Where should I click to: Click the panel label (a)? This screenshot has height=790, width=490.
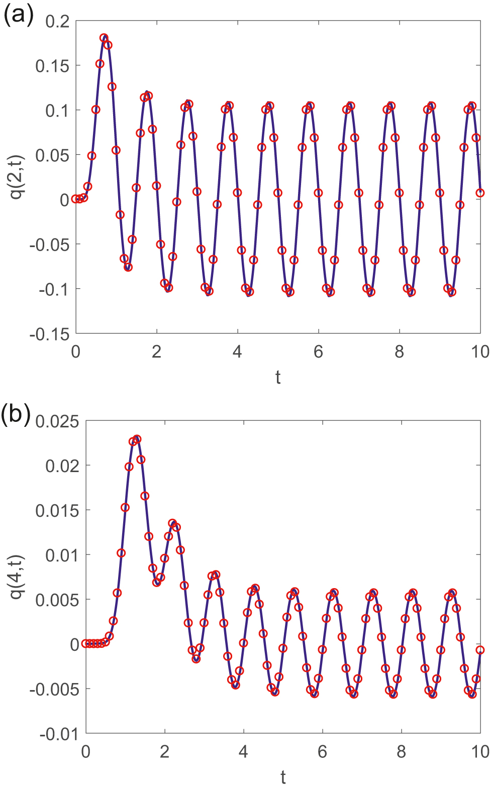[19, 15]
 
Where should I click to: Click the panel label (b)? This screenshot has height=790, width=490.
[16, 415]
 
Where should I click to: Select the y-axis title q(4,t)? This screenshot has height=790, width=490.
[18, 577]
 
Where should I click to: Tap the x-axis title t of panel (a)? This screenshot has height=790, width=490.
[278, 377]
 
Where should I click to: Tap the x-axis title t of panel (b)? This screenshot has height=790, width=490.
[283, 777]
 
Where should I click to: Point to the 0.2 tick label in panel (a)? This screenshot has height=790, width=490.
[57, 21]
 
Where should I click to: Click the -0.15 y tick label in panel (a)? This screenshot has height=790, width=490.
[49, 334]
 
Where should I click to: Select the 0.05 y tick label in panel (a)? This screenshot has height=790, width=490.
[52, 155]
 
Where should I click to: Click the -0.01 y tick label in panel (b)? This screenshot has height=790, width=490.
[59, 734]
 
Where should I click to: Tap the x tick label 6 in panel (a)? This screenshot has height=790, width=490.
[318, 352]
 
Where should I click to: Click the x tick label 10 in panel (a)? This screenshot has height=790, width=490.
[480, 352]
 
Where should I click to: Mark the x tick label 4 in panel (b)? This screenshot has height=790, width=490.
[243, 752]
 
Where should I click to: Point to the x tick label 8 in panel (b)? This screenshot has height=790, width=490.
[401, 752]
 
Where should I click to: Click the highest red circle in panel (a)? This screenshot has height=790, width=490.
[104, 38]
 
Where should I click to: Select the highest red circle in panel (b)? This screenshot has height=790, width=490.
[137, 439]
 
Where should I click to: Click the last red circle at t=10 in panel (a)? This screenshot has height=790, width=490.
[480, 193]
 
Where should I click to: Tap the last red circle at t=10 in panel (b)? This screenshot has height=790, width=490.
[480, 650]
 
